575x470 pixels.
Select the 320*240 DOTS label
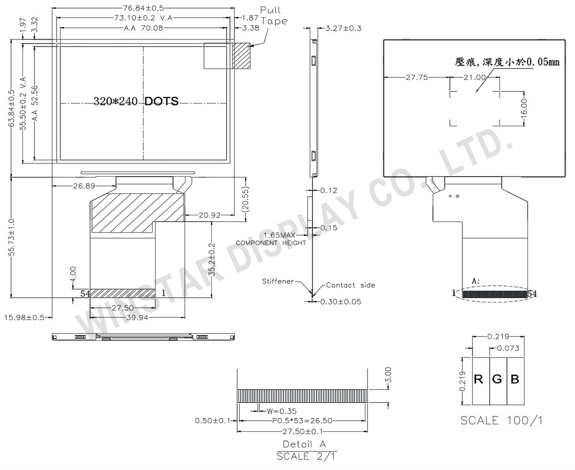[136, 101]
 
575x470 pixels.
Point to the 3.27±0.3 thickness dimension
[343, 28]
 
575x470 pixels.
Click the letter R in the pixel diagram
[478, 380]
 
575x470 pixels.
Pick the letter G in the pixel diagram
[497, 380]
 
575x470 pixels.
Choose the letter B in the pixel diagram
[515, 380]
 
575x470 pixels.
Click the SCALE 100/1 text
[501, 420]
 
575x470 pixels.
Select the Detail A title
[304, 444]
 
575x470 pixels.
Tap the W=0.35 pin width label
[281, 411]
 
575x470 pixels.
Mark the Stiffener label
[277, 281]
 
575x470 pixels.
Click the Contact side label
[350, 285]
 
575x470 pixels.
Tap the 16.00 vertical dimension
[523, 108]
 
